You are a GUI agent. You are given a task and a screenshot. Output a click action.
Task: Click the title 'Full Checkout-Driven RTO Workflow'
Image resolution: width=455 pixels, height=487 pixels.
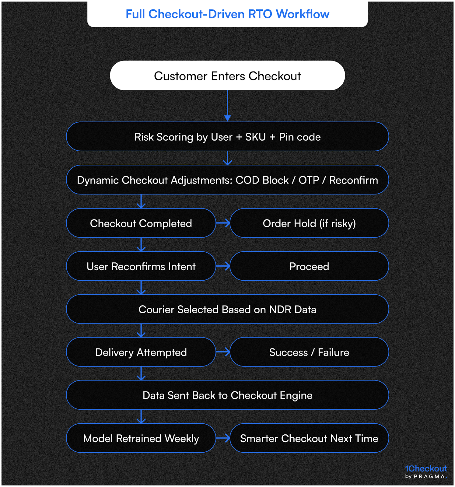227,14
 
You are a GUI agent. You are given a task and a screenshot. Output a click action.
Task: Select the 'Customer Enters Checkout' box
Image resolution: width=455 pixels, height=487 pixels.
227,76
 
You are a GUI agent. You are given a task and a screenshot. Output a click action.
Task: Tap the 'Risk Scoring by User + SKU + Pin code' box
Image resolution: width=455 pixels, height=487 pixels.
227,137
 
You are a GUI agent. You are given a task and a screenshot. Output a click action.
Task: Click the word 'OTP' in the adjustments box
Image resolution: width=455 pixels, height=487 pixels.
308,180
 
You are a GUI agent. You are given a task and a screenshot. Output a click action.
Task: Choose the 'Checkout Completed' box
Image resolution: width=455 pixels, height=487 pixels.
141,223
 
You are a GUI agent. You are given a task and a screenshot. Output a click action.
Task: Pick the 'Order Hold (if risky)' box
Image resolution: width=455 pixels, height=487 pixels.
309,223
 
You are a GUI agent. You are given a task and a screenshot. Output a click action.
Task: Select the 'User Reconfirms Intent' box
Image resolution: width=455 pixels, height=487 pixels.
141,267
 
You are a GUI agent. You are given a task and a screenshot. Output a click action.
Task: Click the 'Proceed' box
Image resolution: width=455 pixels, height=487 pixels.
309,267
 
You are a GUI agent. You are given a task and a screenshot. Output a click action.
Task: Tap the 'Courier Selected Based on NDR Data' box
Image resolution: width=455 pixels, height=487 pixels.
227,310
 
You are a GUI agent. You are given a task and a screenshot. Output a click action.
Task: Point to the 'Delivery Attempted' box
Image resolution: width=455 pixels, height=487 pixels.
141,352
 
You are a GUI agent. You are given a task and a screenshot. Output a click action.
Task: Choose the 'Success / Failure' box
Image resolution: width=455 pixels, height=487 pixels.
309,352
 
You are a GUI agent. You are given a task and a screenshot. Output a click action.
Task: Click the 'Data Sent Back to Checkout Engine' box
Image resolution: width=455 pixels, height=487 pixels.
227,395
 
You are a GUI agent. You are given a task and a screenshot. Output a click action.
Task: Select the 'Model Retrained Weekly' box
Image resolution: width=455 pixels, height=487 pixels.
141,439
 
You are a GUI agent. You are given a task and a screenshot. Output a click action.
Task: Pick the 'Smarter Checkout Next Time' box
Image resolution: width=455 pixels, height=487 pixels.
309,439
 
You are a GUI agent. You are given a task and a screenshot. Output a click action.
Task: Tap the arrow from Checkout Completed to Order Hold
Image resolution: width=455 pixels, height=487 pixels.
223,223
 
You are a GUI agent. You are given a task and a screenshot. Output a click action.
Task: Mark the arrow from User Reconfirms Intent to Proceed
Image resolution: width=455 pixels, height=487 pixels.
223,267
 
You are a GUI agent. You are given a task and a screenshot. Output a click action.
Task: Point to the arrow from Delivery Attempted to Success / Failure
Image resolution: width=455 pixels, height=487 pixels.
223,352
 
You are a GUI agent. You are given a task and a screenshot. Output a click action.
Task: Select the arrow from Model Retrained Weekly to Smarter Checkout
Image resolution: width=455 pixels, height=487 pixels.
223,439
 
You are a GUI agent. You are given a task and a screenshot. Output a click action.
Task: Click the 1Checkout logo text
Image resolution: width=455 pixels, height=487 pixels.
426,469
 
